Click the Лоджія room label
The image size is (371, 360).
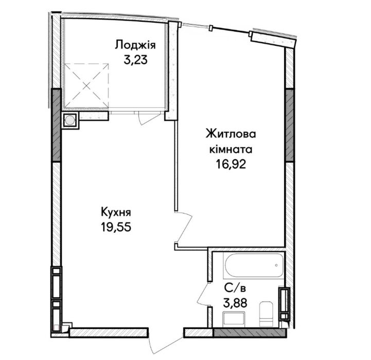coord(135,45)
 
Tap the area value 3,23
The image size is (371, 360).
coord(135,60)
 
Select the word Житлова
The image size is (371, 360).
coord(231,134)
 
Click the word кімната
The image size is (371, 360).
coord(231,149)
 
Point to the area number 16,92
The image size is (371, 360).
coord(231,164)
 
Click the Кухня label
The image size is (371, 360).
coord(116,212)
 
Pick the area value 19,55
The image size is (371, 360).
coord(116,227)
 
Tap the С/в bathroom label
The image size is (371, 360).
coord(235,288)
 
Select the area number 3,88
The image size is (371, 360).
coord(235,303)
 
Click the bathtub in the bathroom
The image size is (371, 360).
coord(254,265)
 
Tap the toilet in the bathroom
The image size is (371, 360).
coord(266,314)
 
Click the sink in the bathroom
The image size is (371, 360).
coord(234,320)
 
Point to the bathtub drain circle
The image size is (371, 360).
coord(276,265)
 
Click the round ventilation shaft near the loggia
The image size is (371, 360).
coord(69,120)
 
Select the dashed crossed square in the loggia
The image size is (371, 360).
coord(86,85)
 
